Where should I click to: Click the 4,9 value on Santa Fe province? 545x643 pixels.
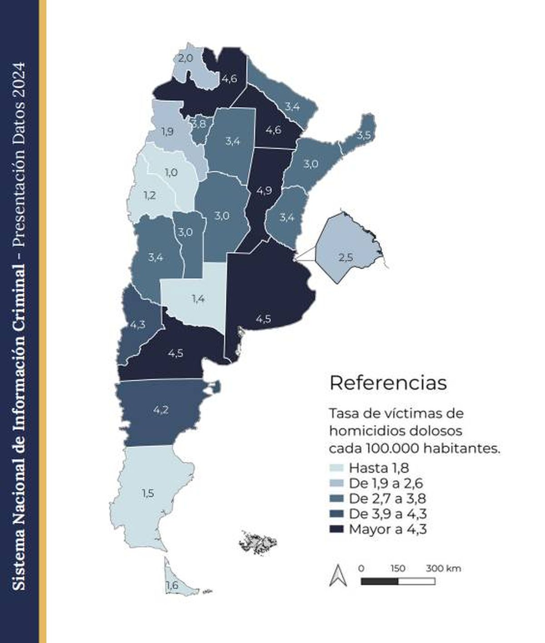click(264, 190)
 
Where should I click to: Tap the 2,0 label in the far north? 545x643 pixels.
click(185, 58)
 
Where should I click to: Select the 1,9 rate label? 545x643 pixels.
click(167, 131)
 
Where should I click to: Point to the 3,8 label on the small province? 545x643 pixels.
click(198, 124)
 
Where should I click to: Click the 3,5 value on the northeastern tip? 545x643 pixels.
click(364, 135)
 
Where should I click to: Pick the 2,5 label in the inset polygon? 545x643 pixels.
click(345, 257)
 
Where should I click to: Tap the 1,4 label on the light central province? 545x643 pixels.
click(198, 299)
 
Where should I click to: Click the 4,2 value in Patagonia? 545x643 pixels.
click(161, 410)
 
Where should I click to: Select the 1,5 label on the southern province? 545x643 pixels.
click(148, 493)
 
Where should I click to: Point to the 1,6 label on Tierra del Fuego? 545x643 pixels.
click(172, 585)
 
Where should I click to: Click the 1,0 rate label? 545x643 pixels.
click(171, 173)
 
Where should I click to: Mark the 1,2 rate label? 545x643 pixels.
click(150, 195)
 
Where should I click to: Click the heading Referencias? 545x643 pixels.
click(388, 383)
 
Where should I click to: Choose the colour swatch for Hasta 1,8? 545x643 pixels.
click(337, 468)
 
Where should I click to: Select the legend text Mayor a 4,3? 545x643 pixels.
click(388, 529)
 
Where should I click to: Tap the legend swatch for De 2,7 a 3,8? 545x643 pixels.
click(337, 499)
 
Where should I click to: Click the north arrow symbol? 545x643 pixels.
click(338, 575)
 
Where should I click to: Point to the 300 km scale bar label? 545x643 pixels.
click(443, 568)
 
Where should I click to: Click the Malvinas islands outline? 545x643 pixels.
click(258, 542)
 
